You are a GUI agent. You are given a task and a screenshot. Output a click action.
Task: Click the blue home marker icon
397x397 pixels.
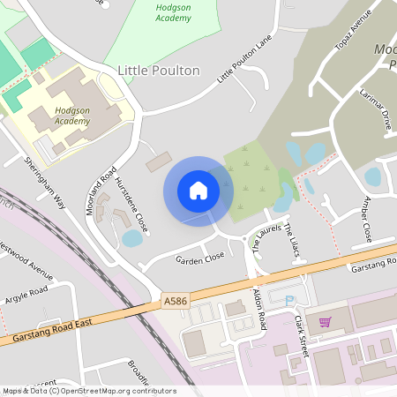(198, 190)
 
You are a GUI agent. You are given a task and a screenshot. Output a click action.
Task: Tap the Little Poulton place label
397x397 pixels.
(159, 71)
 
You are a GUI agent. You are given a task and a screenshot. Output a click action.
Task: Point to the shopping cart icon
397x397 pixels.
(325, 322)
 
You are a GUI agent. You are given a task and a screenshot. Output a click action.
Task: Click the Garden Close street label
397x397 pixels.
(199, 259)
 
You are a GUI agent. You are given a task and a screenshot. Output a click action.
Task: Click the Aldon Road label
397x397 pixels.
(260, 310)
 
